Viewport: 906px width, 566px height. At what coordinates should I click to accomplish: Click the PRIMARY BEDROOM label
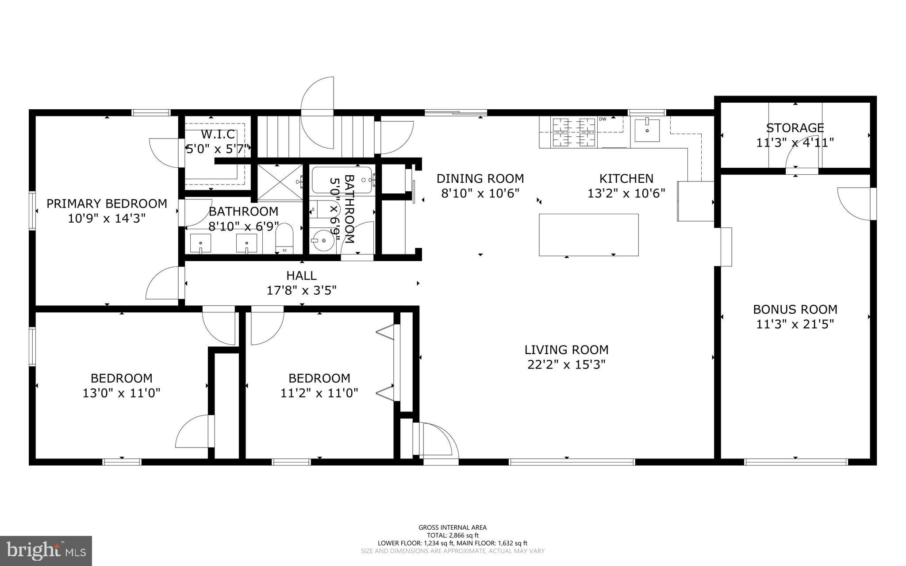(x=107, y=204)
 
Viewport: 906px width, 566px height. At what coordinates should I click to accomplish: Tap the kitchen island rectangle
(x=588, y=235)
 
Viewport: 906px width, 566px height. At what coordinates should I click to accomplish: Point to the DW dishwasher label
(x=602, y=119)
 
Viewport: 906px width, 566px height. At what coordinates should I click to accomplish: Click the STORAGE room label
(x=795, y=128)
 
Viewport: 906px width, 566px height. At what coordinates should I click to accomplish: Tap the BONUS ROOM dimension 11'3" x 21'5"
(x=795, y=324)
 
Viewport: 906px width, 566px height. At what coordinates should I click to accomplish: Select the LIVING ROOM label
(x=566, y=350)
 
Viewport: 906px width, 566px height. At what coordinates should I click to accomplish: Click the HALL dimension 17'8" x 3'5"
(x=301, y=291)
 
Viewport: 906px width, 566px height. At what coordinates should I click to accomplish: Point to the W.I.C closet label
(x=218, y=134)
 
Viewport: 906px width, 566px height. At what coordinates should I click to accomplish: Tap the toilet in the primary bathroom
(x=284, y=238)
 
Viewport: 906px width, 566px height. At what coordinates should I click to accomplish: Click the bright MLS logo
(x=46, y=550)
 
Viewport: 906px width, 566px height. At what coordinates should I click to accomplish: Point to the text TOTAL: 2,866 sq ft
(x=453, y=535)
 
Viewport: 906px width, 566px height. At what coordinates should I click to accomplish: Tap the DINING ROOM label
(x=480, y=178)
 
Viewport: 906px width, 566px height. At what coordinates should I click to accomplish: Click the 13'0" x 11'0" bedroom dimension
(x=121, y=393)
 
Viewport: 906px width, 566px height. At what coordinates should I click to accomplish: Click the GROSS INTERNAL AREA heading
(x=453, y=527)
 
